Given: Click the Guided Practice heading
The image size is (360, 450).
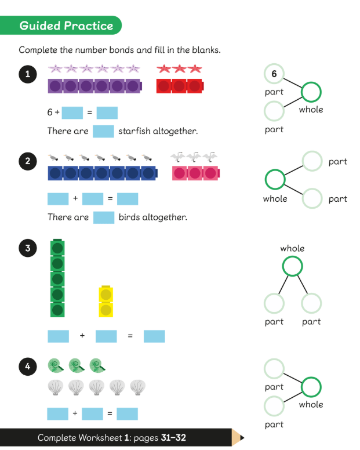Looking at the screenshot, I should pyautogui.click(x=66, y=26).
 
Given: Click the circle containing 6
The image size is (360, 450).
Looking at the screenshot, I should pyautogui.click(x=274, y=74).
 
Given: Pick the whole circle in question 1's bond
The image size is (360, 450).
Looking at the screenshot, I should pyautogui.click(x=311, y=92).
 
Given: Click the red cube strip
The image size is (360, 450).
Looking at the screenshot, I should pyautogui.click(x=180, y=86).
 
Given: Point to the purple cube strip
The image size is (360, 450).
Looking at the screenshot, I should pyautogui.click(x=94, y=86).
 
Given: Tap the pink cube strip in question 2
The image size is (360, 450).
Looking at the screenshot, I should pyautogui.click(x=195, y=173).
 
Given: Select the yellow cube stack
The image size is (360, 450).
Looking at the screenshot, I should pyautogui.click(x=106, y=302).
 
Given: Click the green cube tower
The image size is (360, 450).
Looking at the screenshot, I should pyautogui.click(x=57, y=279).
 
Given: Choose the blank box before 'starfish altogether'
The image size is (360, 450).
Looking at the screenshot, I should pyautogui.click(x=103, y=131).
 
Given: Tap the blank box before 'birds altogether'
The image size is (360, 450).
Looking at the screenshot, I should pyautogui.click(x=104, y=217).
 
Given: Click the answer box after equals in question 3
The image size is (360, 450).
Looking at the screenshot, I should pyautogui.click(x=154, y=336).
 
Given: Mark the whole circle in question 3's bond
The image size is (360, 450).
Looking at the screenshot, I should pyautogui.click(x=292, y=266).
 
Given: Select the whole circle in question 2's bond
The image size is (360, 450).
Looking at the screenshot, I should pyautogui.click(x=274, y=179).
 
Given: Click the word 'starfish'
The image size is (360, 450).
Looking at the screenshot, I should pyautogui.click(x=134, y=131).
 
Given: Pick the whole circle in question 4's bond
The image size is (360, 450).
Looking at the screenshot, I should pyautogui.click(x=311, y=387).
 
